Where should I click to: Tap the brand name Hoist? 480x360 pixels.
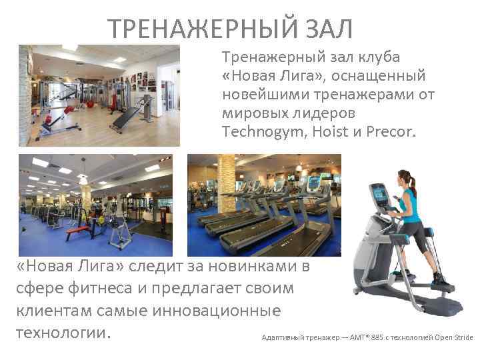(327, 132)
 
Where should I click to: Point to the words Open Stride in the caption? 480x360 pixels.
(454, 337)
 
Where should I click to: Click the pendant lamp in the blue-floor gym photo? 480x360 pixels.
(83, 178)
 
